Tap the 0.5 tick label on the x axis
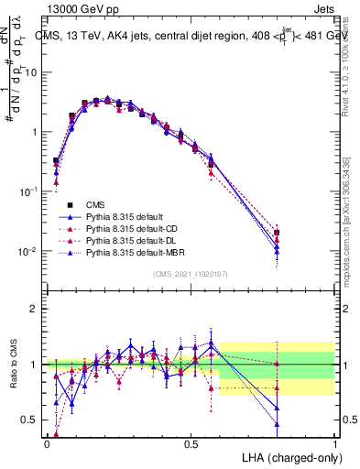[191, 442]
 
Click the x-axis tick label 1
[335, 442]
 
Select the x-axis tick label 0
[47, 442]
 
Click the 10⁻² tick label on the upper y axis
[29, 251]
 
